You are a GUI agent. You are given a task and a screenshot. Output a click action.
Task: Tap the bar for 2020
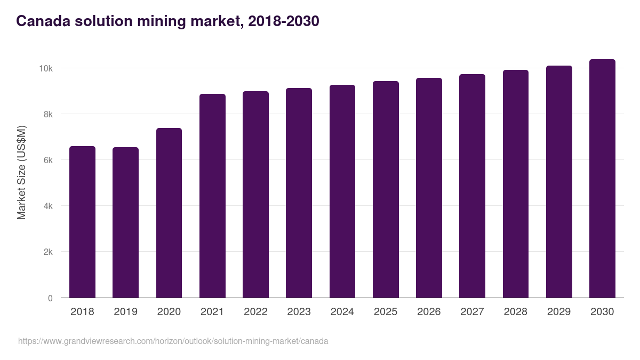[169, 213]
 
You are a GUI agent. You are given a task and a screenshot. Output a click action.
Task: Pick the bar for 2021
[212, 196]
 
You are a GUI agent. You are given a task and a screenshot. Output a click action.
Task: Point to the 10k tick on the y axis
[45, 69]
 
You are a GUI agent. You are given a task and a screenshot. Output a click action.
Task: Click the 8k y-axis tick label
[47, 115]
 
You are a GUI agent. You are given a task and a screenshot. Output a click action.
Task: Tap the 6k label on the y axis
[47, 161]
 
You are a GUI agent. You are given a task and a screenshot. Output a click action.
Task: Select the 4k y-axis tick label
[47, 206]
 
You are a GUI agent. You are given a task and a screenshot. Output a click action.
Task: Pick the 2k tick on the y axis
[47, 252]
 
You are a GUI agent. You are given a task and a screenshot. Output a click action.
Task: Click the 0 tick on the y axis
[50, 298]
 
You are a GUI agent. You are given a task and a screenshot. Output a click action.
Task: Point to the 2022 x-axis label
[255, 312]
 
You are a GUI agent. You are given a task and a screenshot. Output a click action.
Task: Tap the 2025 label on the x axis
[386, 312]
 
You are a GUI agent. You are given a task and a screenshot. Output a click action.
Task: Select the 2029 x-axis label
[559, 312]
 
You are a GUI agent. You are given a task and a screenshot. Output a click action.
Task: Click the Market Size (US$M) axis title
[21, 172]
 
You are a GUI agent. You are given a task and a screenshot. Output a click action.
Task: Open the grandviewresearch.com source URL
[173, 341]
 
